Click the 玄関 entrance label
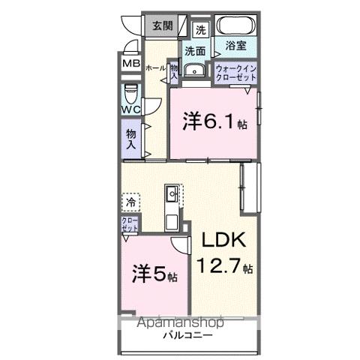(163, 25)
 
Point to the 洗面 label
(195, 52)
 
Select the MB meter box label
(131, 64)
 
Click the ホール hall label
(155, 67)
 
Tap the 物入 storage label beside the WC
(131, 137)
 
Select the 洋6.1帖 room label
(213, 121)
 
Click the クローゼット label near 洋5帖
(130, 224)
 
